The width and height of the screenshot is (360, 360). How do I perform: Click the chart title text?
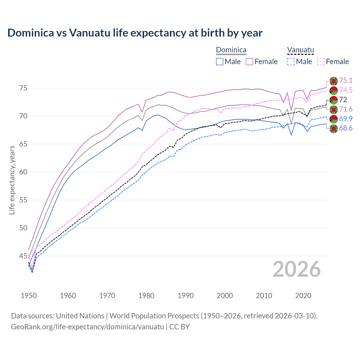135,33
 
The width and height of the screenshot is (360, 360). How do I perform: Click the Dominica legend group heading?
231,50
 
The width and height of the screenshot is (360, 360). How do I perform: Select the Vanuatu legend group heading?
300,50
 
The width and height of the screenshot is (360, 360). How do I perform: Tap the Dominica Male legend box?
220,62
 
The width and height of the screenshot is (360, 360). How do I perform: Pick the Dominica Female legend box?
249,62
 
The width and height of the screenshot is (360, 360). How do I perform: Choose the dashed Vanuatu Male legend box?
291,62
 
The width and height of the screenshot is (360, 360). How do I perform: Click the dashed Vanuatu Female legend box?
321,62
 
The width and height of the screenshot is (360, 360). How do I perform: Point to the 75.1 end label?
346,81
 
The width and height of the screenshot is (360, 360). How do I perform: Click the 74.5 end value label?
346,90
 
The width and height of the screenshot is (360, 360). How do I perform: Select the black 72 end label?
343,100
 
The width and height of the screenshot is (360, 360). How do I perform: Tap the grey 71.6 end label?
346,109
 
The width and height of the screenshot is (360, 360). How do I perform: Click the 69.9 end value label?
346,119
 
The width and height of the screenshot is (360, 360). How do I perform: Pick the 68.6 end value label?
346,129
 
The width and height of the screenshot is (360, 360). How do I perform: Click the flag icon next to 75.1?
334,81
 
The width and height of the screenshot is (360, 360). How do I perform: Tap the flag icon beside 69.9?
334,119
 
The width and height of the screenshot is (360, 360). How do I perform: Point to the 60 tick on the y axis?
23,172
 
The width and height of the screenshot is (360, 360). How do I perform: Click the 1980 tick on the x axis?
146,296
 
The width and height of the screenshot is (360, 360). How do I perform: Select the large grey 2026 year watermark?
296,269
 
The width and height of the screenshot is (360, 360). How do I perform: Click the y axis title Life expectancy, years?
12,180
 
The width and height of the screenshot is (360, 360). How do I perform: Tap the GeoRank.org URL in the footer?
87,327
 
